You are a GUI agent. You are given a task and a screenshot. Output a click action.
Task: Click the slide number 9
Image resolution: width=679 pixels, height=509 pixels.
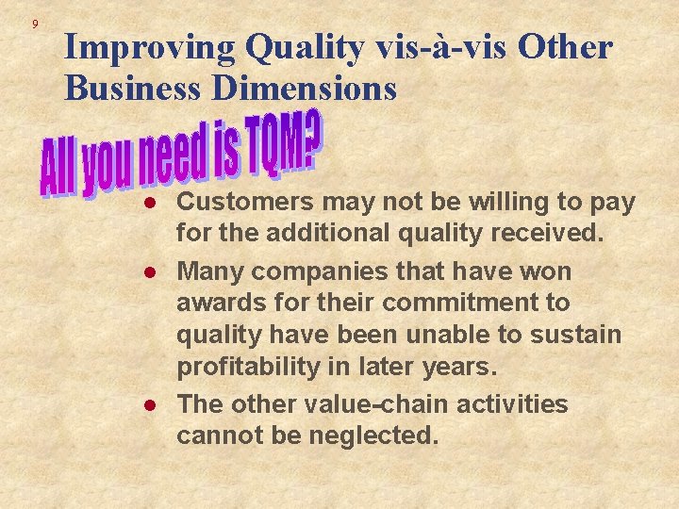click(x=34, y=24)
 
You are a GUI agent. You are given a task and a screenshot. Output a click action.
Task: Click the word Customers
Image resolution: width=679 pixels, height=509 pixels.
click(x=246, y=203)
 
